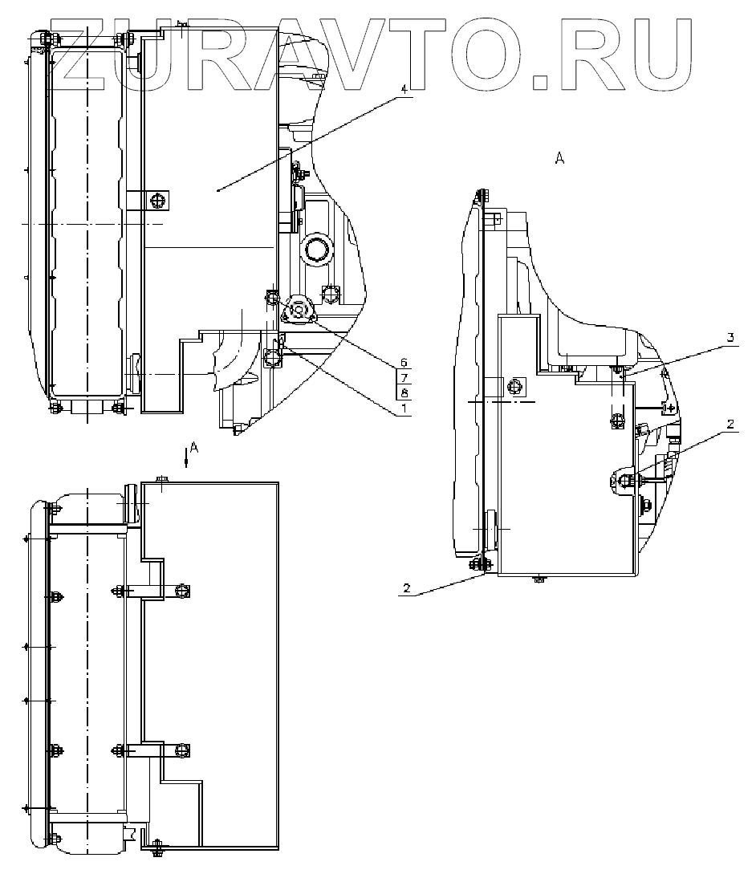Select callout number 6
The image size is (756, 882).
pyautogui.click(x=404, y=362)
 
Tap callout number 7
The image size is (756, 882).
pyautogui.click(x=404, y=377)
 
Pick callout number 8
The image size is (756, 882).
pyautogui.click(x=404, y=392)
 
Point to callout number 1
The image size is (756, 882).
pyautogui.click(x=404, y=409)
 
